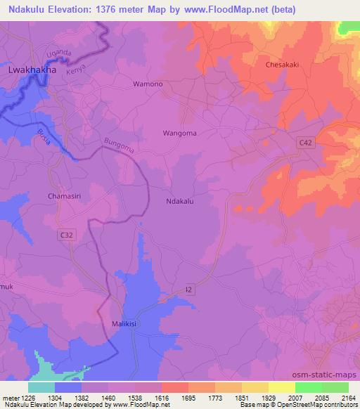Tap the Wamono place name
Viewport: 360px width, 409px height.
pyautogui.click(x=148, y=84)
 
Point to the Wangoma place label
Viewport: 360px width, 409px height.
pyautogui.click(x=179, y=133)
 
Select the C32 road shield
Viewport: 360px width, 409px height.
pyautogui.click(x=66, y=237)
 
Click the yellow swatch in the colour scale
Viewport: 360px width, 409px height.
pyautogui.click(x=281, y=387)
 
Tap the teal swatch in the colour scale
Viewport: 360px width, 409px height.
pyautogui.click(x=41, y=387)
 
